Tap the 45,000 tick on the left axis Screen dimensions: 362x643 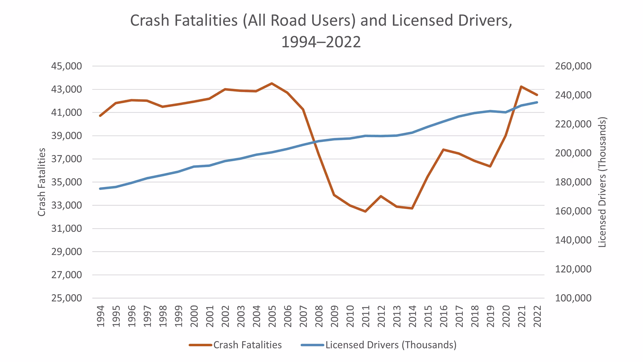66,66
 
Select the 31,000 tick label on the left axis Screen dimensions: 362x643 66,229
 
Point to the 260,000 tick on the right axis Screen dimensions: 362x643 573,66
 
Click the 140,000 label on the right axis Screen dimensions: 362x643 573,240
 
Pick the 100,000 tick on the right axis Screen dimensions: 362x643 573,298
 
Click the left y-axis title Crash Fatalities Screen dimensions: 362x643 41,182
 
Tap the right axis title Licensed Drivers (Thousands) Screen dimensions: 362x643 602,182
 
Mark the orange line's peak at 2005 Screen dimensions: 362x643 272,83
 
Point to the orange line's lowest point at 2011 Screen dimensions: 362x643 366,212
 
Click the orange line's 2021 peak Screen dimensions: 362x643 521,87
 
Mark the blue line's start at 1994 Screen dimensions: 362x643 100,189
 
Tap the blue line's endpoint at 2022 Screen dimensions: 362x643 537,102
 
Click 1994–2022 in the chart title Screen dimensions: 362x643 321,42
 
